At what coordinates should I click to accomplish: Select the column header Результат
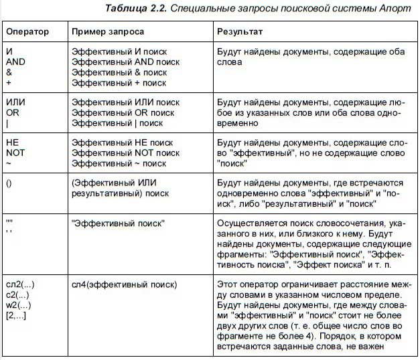click(x=240, y=32)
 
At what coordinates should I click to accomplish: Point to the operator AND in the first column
click(x=16, y=62)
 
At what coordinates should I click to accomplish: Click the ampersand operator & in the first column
click(x=9, y=72)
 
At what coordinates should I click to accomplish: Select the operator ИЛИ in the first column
click(x=16, y=102)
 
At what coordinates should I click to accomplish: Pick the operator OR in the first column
click(x=13, y=112)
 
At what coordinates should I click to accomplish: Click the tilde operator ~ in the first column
click(x=9, y=163)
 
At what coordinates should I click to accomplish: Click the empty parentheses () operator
click(x=9, y=183)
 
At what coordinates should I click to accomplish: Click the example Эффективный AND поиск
click(x=125, y=62)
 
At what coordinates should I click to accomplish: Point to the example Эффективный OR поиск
click(x=122, y=112)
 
